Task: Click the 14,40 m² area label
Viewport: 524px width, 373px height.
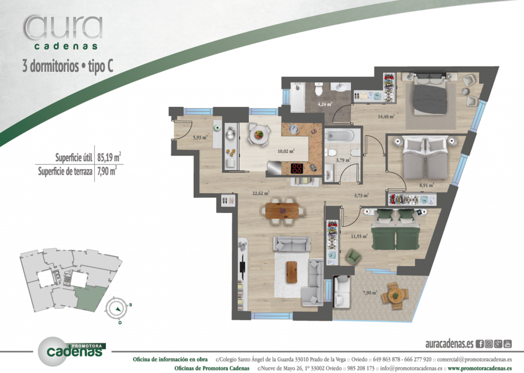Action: click(386, 116)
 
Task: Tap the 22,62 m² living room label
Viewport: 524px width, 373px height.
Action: click(261, 193)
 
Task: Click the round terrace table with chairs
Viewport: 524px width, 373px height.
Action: click(396, 294)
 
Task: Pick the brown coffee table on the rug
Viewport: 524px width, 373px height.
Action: click(292, 272)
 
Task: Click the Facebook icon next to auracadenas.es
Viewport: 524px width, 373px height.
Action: click(480, 344)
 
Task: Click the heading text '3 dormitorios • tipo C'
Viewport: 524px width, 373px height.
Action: click(68, 67)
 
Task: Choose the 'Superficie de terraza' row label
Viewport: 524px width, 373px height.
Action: click(65, 172)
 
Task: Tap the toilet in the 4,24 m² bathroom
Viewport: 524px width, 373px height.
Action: click(318, 91)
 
